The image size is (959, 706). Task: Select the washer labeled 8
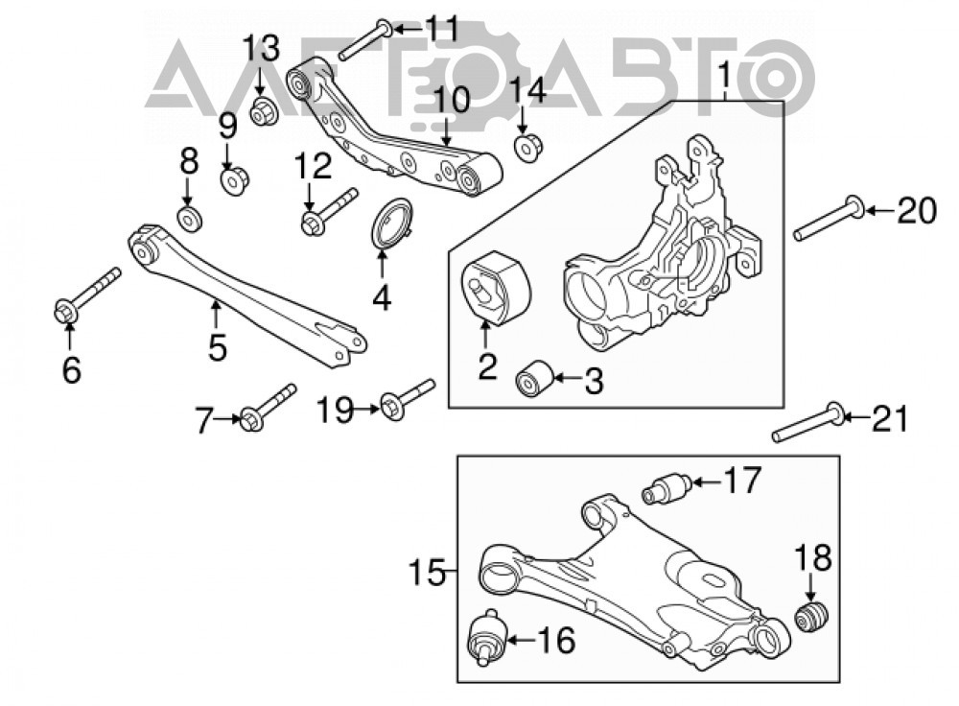[x=190, y=219]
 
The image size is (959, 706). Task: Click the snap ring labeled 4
[x=393, y=224]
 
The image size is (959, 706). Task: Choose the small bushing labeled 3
[x=534, y=378]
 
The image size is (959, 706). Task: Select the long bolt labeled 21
[x=807, y=422]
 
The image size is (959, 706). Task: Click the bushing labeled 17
[x=667, y=487]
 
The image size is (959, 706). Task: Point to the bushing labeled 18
[x=811, y=617]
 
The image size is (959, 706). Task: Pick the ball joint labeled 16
[x=487, y=636]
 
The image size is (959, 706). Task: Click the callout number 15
[x=427, y=573]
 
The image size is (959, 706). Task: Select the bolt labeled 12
[x=329, y=212]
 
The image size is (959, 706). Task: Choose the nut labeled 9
[x=235, y=180]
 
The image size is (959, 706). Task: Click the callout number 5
[x=217, y=346]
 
